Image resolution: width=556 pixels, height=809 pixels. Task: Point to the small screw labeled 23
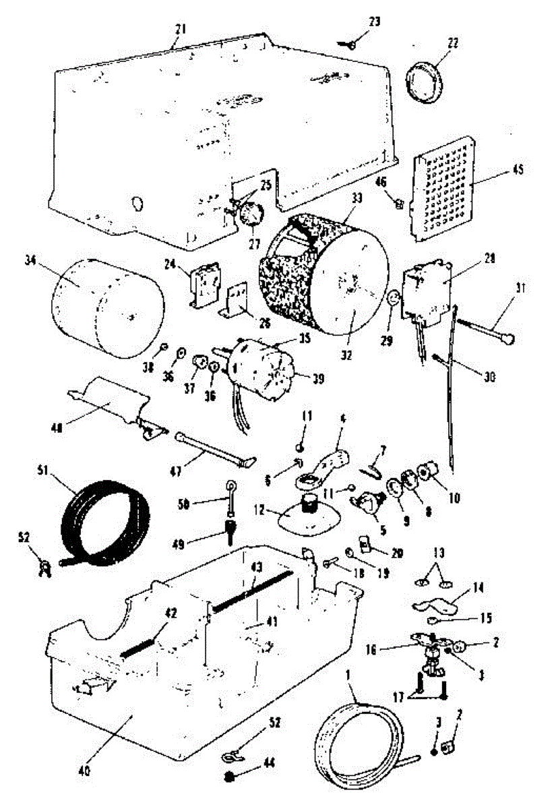click(x=350, y=44)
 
